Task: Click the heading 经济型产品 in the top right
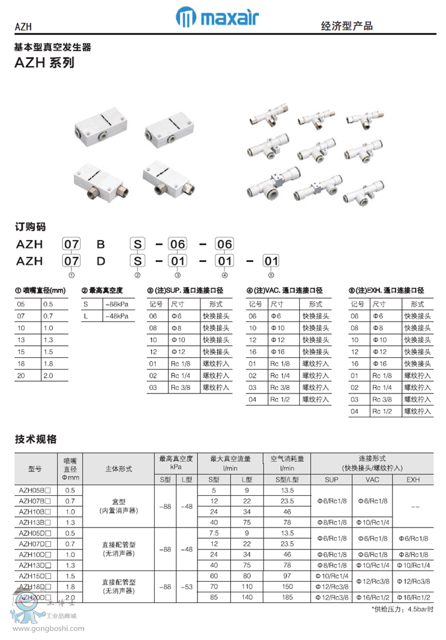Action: point(347,26)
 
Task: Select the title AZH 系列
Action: point(45,63)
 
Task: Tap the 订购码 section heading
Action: point(30,226)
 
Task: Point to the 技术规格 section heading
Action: point(36,439)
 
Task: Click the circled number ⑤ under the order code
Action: point(271,274)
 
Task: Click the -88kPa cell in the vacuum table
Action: point(116,304)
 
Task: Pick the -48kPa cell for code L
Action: point(116,316)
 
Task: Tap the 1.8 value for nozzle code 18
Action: point(48,364)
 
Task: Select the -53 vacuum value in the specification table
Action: point(187,586)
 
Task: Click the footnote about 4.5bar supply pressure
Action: point(402,610)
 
